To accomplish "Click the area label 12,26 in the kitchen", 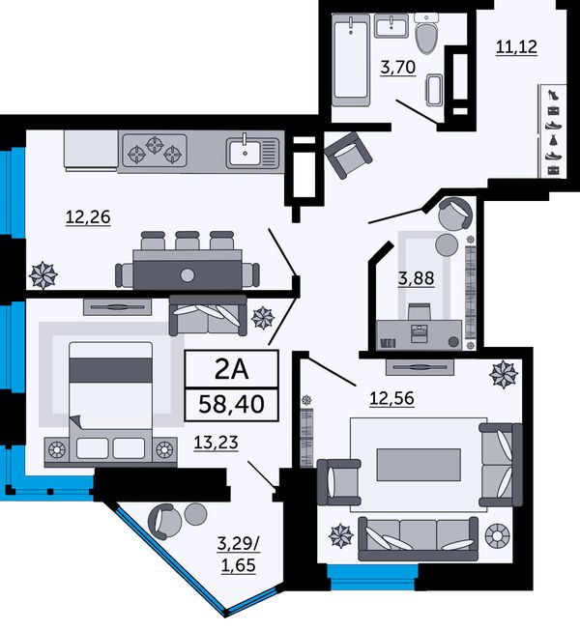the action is tap(88, 217).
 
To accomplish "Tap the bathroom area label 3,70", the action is tap(397, 68).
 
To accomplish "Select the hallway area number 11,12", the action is tap(516, 47).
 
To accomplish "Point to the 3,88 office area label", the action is tap(417, 278).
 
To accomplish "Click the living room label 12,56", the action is tap(391, 398).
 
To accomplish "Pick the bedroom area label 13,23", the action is tap(217, 443).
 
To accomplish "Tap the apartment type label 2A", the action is tap(231, 369).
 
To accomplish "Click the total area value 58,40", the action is tap(231, 404).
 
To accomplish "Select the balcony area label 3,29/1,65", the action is tap(238, 555).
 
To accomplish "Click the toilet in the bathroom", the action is tap(427, 33).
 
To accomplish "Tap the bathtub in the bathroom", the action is tap(351, 60).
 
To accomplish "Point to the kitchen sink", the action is tap(252, 152).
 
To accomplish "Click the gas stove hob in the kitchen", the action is tap(155, 150).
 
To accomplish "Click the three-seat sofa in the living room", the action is tap(418, 539).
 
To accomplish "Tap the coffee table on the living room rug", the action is tap(419, 465).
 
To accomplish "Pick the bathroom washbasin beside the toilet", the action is tap(391, 25).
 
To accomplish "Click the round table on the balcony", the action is tap(195, 514).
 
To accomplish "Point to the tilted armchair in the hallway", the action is tap(348, 155).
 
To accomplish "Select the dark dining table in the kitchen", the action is tap(188, 270).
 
